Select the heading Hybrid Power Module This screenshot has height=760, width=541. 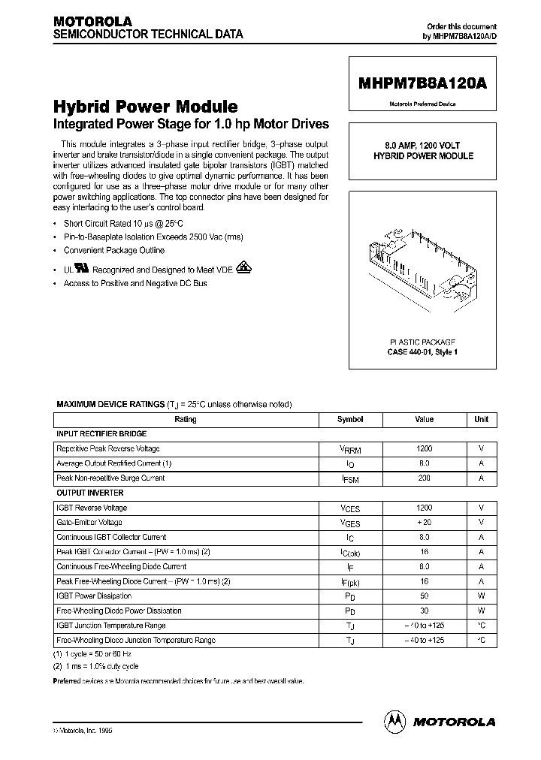coord(145,107)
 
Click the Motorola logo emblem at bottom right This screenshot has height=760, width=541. coord(394,721)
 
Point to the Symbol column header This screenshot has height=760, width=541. coord(350,420)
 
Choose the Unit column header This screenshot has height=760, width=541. coord(481,420)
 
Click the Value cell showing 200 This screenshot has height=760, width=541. coord(424,478)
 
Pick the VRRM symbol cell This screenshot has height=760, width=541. coord(350,449)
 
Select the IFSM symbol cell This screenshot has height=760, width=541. coord(350,478)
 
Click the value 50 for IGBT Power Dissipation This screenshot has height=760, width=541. coord(424,596)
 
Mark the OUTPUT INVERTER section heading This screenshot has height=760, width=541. coord(90,493)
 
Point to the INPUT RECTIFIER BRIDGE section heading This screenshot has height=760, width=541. coord(101,434)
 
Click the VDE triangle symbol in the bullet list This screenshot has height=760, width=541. coord(244,267)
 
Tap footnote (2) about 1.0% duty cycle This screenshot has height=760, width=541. coord(95,667)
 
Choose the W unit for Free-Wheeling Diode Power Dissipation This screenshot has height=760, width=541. coord(481,611)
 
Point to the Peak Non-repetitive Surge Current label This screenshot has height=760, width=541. coord(110,478)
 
